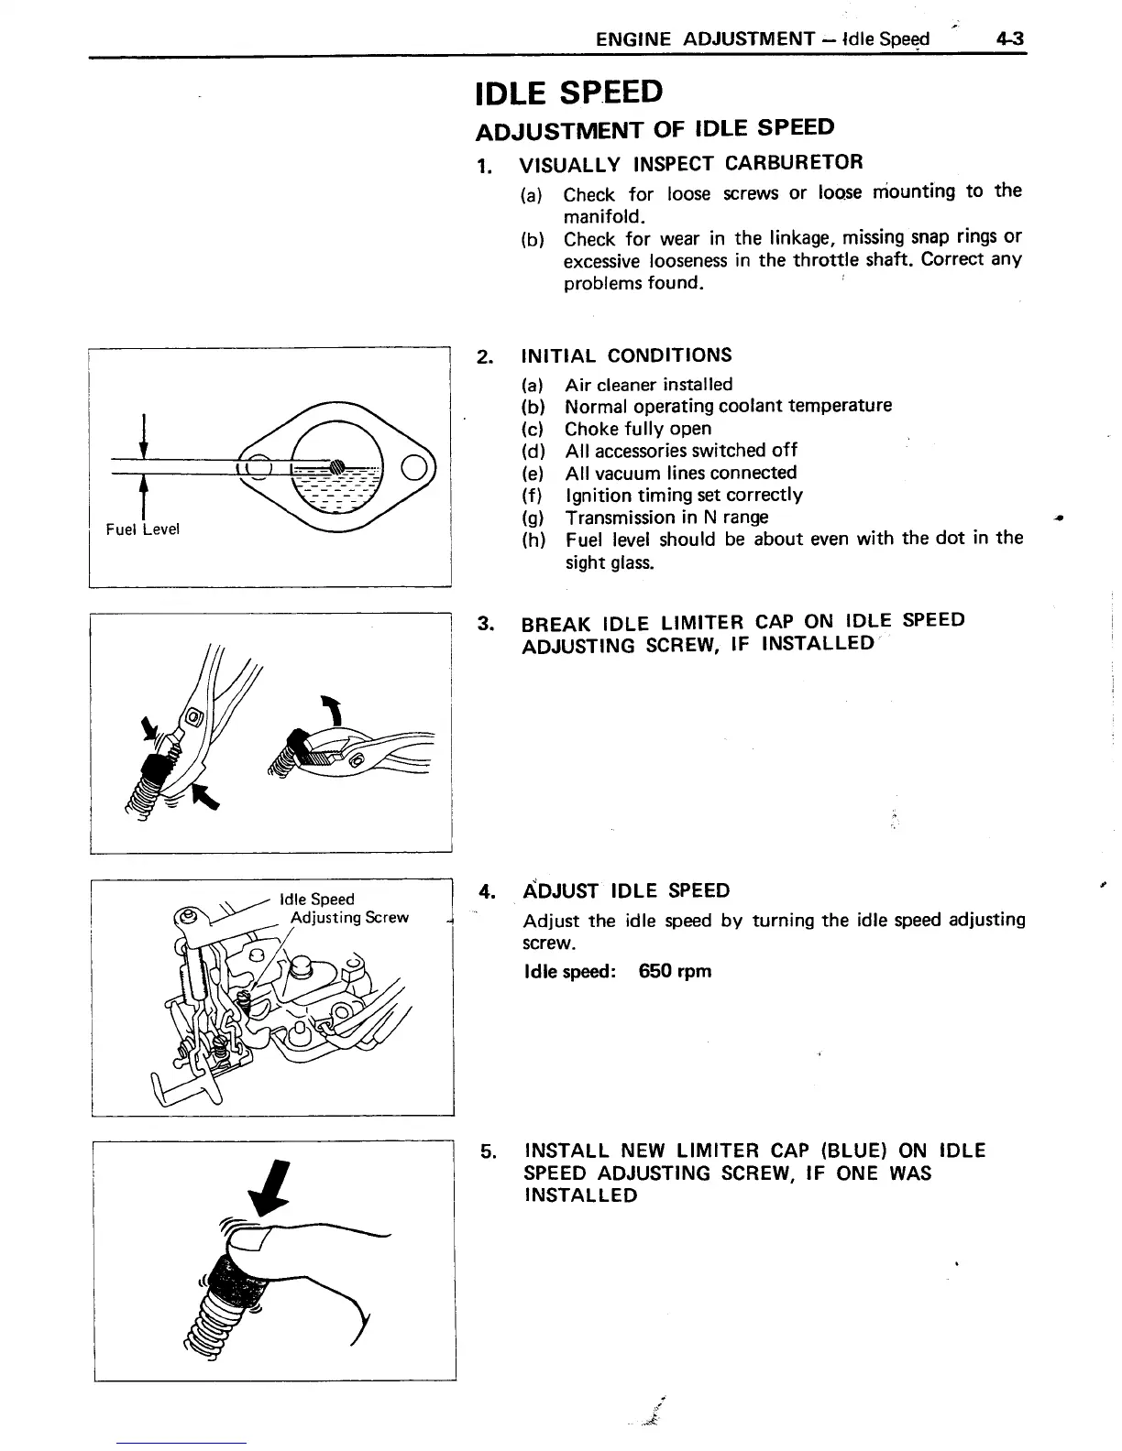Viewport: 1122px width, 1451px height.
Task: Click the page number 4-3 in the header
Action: tap(1012, 38)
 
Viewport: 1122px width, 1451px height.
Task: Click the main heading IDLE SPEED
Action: tap(568, 93)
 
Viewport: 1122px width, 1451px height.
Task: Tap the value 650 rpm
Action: tap(675, 971)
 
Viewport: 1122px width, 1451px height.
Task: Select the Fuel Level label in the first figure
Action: tap(143, 529)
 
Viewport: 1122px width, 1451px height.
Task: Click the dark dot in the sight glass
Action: tap(335, 464)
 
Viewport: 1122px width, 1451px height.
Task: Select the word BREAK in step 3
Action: tap(556, 624)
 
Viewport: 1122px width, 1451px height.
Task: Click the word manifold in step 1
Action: tap(604, 217)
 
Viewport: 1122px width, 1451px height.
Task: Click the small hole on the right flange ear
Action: tap(414, 466)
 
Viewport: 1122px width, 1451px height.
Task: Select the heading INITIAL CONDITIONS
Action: tap(626, 355)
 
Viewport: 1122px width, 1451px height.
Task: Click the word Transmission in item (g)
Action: tap(621, 517)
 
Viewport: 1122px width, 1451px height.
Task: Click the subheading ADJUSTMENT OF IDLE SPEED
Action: tap(655, 128)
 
